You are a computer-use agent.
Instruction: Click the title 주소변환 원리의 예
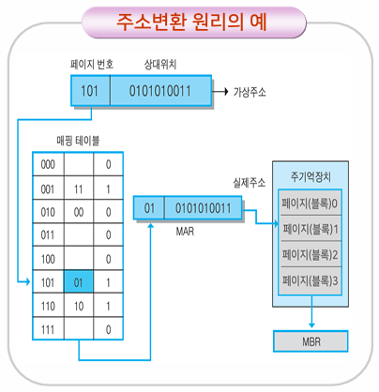(x=191, y=23)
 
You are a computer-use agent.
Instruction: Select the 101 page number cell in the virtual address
(x=90, y=91)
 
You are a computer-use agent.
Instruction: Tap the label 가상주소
(x=250, y=92)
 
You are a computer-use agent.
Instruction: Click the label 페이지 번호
(x=92, y=65)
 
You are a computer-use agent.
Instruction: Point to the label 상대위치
(x=160, y=65)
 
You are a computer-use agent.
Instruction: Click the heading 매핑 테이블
(x=78, y=141)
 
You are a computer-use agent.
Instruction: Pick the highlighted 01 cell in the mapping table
(x=79, y=281)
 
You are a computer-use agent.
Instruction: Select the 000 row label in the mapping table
(x=48, y=164)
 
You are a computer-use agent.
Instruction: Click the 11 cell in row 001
(x=79, y=188)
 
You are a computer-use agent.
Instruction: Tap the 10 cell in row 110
(x=79, y=306)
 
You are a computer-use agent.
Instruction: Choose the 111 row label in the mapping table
(x=48, y=329)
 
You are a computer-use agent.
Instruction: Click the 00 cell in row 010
(x=79, y=212)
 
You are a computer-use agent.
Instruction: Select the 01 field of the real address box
(x=149, y=208)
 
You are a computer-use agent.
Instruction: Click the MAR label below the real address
(x=185, y=232)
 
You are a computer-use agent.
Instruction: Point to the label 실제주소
(x=250, y=183)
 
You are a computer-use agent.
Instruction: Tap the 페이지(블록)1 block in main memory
(x=311, y=229)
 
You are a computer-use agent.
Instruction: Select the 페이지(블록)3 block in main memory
(x=311, y=280)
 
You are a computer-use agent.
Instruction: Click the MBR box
(x=311, y=341)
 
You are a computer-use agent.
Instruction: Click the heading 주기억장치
(x=311, y=177)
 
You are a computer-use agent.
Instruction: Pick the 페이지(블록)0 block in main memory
(x=311, y=204)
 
